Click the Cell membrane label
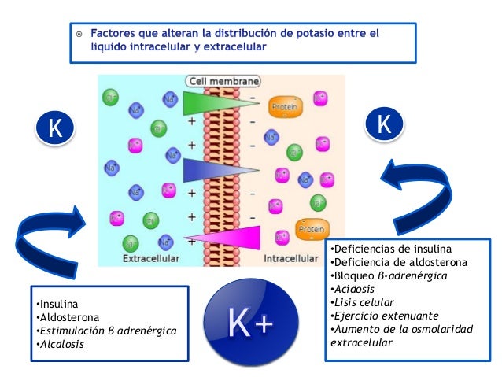(223, 80)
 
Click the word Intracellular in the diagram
(291, 258)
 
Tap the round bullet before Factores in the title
(79, 35)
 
